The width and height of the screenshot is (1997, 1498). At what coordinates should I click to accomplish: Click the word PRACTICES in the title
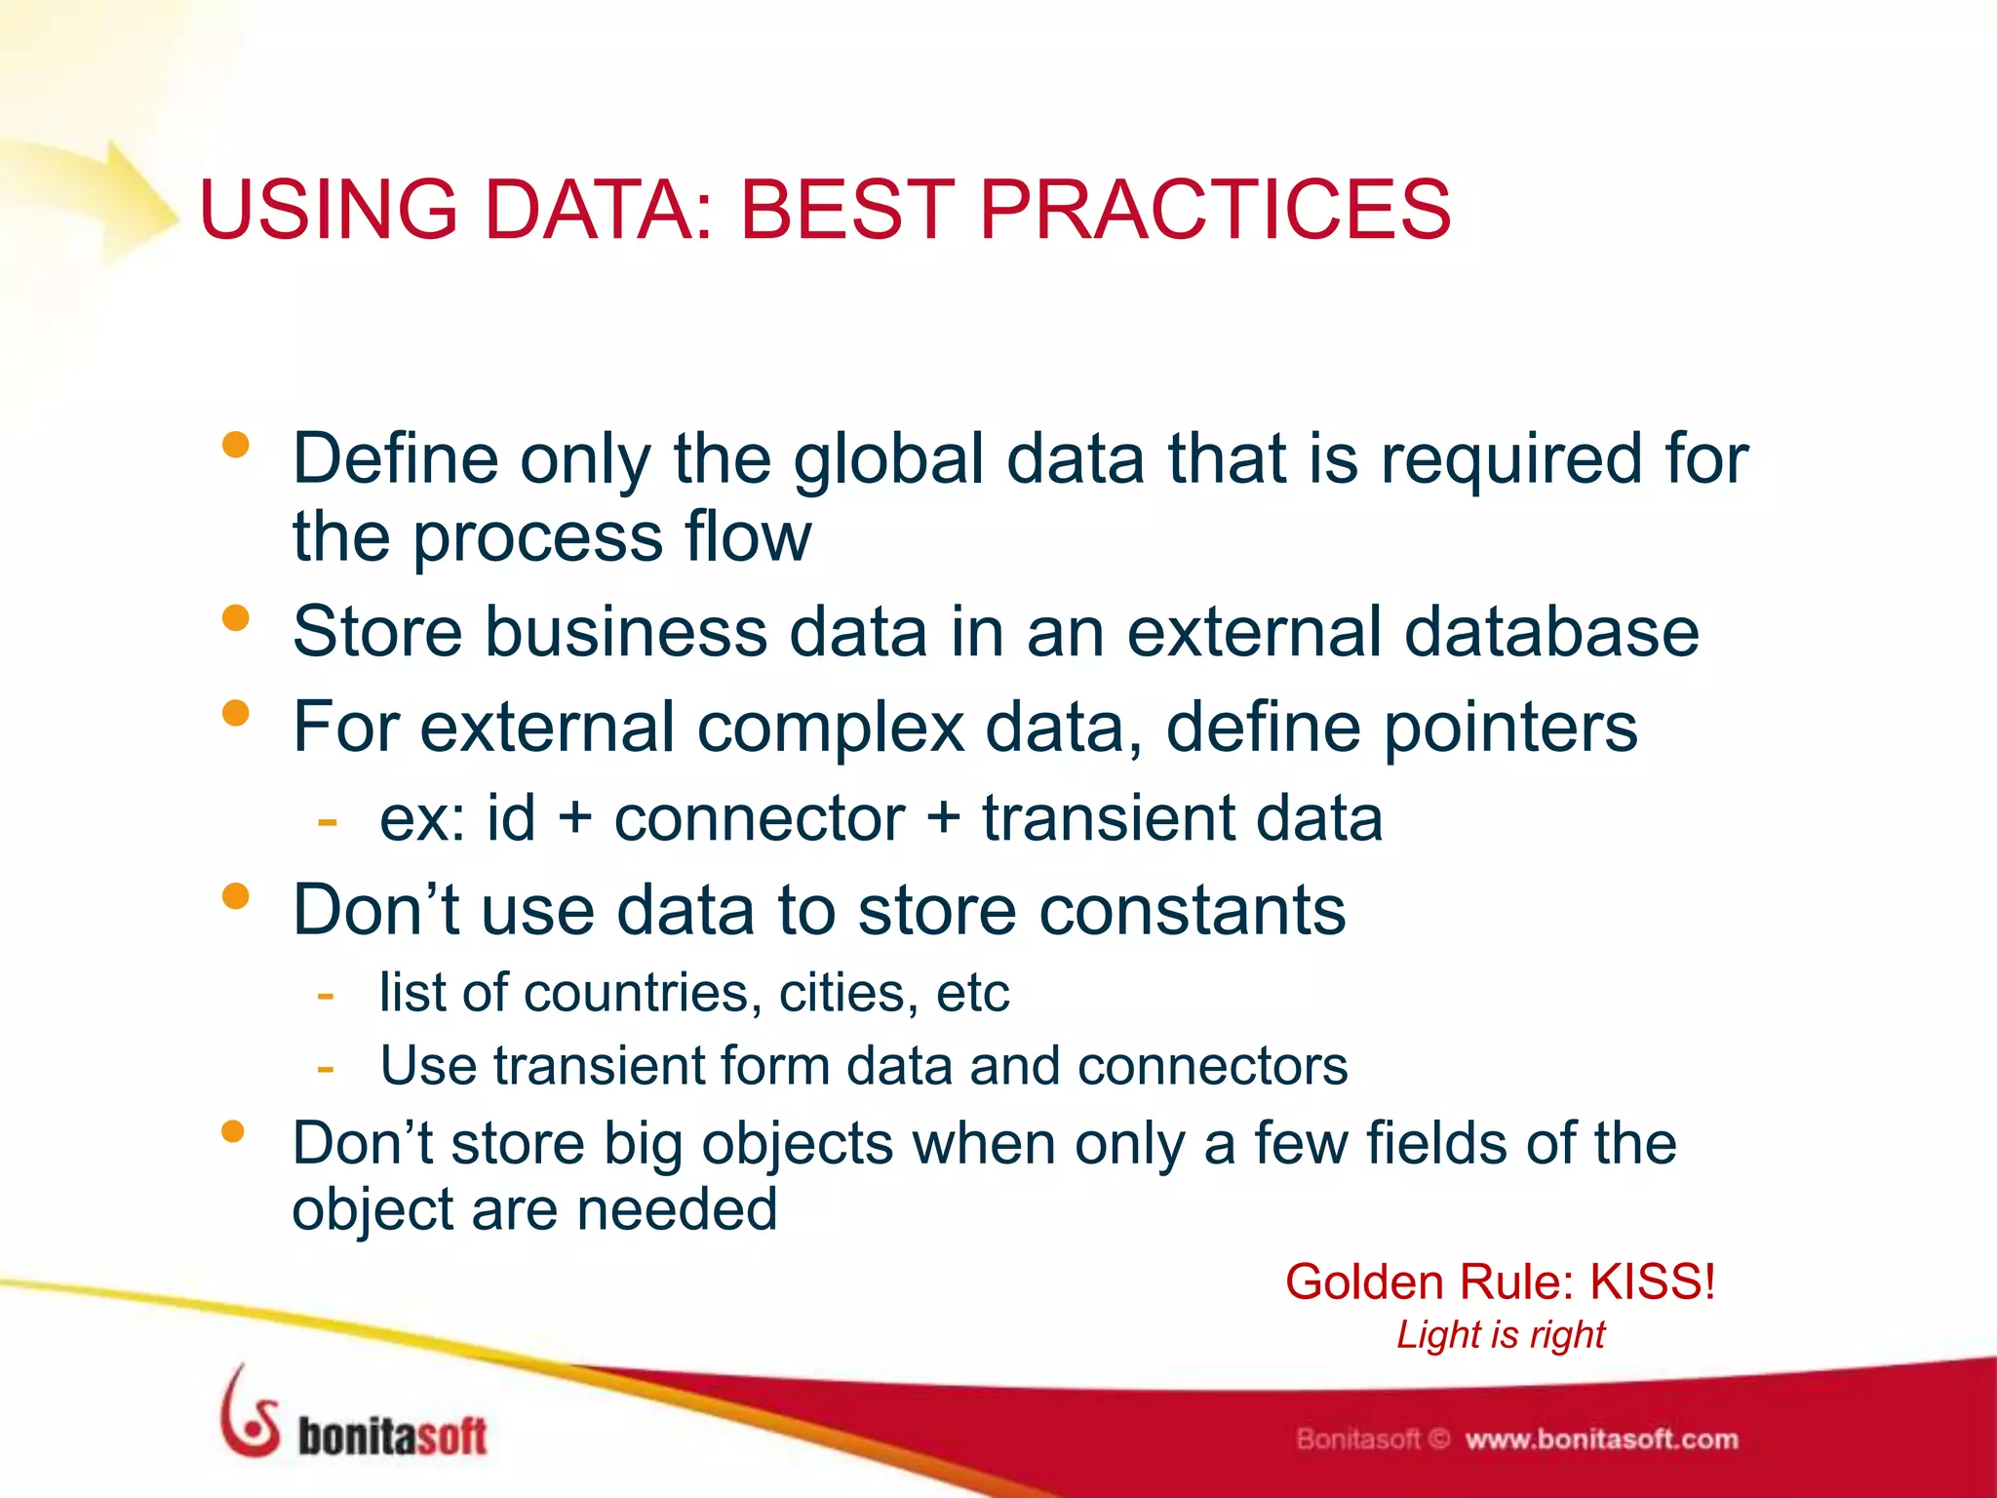point(1215,210)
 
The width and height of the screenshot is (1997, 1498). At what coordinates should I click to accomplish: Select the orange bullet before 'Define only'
point(235,446)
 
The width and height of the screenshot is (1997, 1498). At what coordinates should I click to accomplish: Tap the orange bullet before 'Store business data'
point(235,618)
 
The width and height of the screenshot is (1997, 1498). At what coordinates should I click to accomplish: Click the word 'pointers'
point(1510,728)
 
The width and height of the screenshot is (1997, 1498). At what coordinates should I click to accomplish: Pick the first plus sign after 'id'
point(575,817)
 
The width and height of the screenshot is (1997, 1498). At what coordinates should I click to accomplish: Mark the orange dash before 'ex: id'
point(327,819)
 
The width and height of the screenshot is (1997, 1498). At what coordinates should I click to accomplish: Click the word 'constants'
point(1192,910)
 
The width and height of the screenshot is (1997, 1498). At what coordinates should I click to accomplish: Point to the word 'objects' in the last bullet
point(797,1144)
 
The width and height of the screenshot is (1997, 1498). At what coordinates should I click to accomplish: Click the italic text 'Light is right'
point(1500,1334)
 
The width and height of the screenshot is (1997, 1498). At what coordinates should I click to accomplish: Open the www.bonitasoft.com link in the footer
point(1601,1439)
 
